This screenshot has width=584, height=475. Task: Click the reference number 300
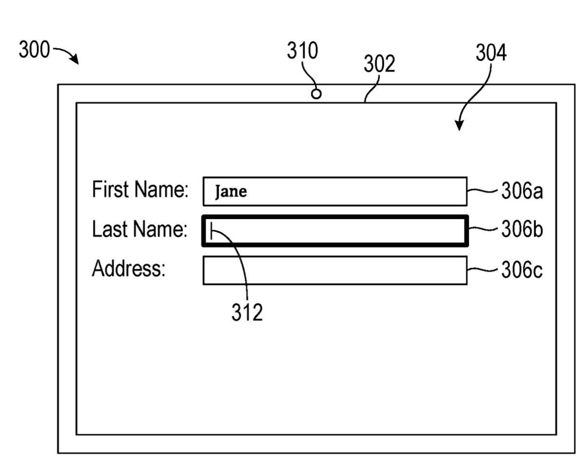pyautogui.click(x=34, y=51)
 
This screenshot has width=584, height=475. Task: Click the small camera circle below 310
pyautogui.click(x=316, y=93)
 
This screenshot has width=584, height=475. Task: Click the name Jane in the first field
pyautogui.click(x=231, y=192)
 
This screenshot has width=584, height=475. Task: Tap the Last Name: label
pyautogui.click(x=140, y=230)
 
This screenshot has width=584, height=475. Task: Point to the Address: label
pyautogui.click(x=129, y=269)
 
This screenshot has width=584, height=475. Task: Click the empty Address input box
pyautogui.click(x=335, y=270)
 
